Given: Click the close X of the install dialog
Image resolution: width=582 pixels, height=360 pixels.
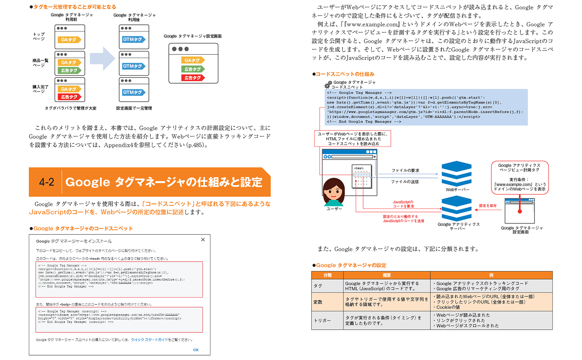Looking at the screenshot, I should tap(203, 240).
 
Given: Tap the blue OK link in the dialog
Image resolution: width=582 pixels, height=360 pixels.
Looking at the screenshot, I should tap(196, 350).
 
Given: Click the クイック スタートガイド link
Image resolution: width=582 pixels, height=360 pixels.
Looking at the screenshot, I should tap(149, 340).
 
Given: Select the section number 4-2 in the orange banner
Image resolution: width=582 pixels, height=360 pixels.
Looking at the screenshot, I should tap(46, 182).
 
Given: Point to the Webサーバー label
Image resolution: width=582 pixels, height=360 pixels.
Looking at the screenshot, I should tap(457, 190).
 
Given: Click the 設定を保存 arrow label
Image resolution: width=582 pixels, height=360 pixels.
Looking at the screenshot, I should tap(488, 206).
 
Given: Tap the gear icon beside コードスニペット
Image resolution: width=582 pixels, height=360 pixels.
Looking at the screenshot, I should tap(328, 84).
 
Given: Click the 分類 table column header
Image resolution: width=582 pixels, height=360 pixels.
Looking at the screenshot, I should tap(327, 275).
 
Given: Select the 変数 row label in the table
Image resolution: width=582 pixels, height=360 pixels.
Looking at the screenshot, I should tap(318, 302).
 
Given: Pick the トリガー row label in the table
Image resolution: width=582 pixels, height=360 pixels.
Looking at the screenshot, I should tap(322, 320).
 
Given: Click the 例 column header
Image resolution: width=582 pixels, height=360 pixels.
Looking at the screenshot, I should tap(491, 275).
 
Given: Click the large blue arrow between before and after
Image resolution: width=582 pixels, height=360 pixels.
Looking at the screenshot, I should tap(102, 58).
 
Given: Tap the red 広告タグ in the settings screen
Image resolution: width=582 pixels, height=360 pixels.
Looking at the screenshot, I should tap(193, 78).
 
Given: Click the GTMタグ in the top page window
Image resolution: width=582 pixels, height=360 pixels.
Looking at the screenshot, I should tap(134, 40).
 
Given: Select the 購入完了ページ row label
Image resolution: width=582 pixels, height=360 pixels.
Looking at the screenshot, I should tap(40, 89).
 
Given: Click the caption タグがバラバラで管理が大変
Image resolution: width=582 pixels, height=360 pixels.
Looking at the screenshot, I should tap(70, 108).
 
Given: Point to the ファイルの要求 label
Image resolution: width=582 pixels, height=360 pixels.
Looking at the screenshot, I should tap(405, 170).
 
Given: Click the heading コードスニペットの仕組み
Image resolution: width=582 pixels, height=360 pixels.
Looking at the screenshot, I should tap(345, 74).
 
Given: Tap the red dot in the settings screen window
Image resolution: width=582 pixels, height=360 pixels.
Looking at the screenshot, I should tap(520, 211).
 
